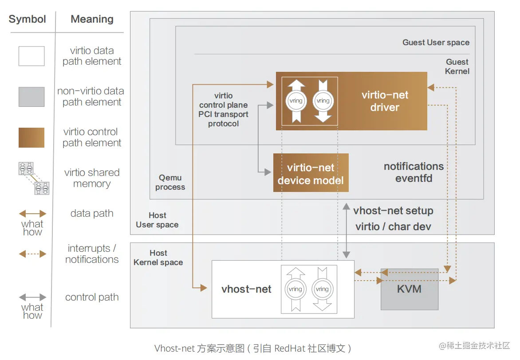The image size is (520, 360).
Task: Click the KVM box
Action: pos(409,289)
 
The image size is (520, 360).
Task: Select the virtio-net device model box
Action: pos(311,173)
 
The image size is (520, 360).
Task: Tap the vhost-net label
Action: pos(246,290)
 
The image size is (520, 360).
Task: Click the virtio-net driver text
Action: pos(385,101)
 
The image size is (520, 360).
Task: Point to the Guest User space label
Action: pos(436,43)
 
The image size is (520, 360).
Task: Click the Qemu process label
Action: pos(170,182)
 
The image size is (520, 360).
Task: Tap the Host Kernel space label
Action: pos(158,258)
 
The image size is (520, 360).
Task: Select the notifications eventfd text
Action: pos(414,172)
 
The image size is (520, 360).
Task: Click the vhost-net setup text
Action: pos(393,211)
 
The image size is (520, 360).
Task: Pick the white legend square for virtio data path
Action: pos(32,56)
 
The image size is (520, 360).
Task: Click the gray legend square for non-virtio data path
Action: pos(32,97)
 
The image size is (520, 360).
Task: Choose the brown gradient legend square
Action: pos(32,137)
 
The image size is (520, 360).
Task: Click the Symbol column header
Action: pos(28,20)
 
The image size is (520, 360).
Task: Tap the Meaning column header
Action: pos(92,20)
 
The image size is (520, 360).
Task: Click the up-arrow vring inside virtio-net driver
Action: pos(296,101)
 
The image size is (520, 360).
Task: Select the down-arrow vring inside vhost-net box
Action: pos(322,289)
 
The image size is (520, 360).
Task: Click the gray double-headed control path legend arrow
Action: pos(32,297)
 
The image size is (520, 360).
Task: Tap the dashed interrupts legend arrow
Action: pos(32,254)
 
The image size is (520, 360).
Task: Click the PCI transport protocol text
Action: pos(223,114)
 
